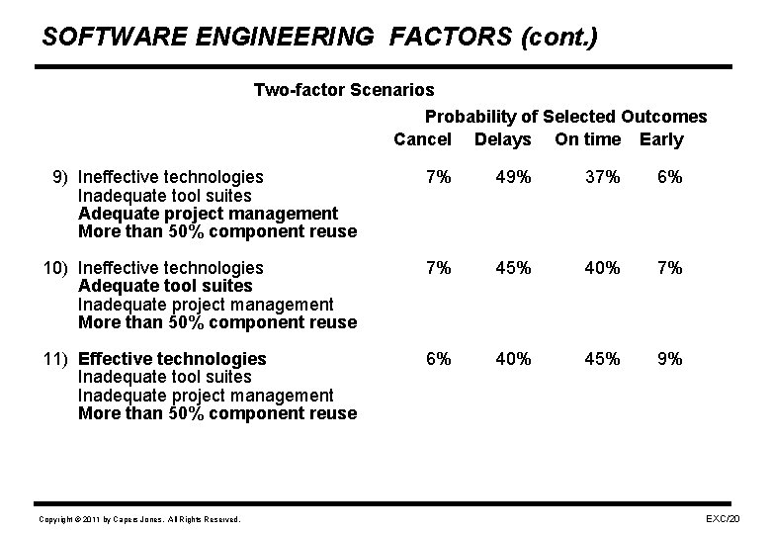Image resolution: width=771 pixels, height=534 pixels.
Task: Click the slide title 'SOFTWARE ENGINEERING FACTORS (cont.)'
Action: point(319,38)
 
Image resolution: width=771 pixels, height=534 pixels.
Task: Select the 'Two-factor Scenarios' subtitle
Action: point(343,91)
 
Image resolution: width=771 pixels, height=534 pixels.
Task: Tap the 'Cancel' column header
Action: point(422,139)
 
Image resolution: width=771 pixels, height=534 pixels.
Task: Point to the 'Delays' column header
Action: point(502,139)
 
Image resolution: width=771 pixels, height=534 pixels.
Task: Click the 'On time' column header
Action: point(587,139)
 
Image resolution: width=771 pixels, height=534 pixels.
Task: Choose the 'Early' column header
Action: point(661,139)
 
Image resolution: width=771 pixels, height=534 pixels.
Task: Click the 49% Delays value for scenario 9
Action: point(513,177)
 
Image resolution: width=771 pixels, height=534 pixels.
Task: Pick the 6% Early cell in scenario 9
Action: point(669,177)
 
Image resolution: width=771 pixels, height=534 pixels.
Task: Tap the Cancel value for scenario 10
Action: point(438,268)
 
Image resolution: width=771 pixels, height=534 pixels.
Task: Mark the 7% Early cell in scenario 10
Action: point(669,268)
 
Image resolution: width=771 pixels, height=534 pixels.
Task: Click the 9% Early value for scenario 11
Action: point(669,359)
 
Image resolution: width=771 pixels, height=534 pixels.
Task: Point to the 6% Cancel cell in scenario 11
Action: point(438,359)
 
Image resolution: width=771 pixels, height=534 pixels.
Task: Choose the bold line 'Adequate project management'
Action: point(207,214)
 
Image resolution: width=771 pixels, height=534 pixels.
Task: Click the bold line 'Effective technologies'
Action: point(171,359)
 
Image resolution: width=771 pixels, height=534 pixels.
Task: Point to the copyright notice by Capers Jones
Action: point(138,519)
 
